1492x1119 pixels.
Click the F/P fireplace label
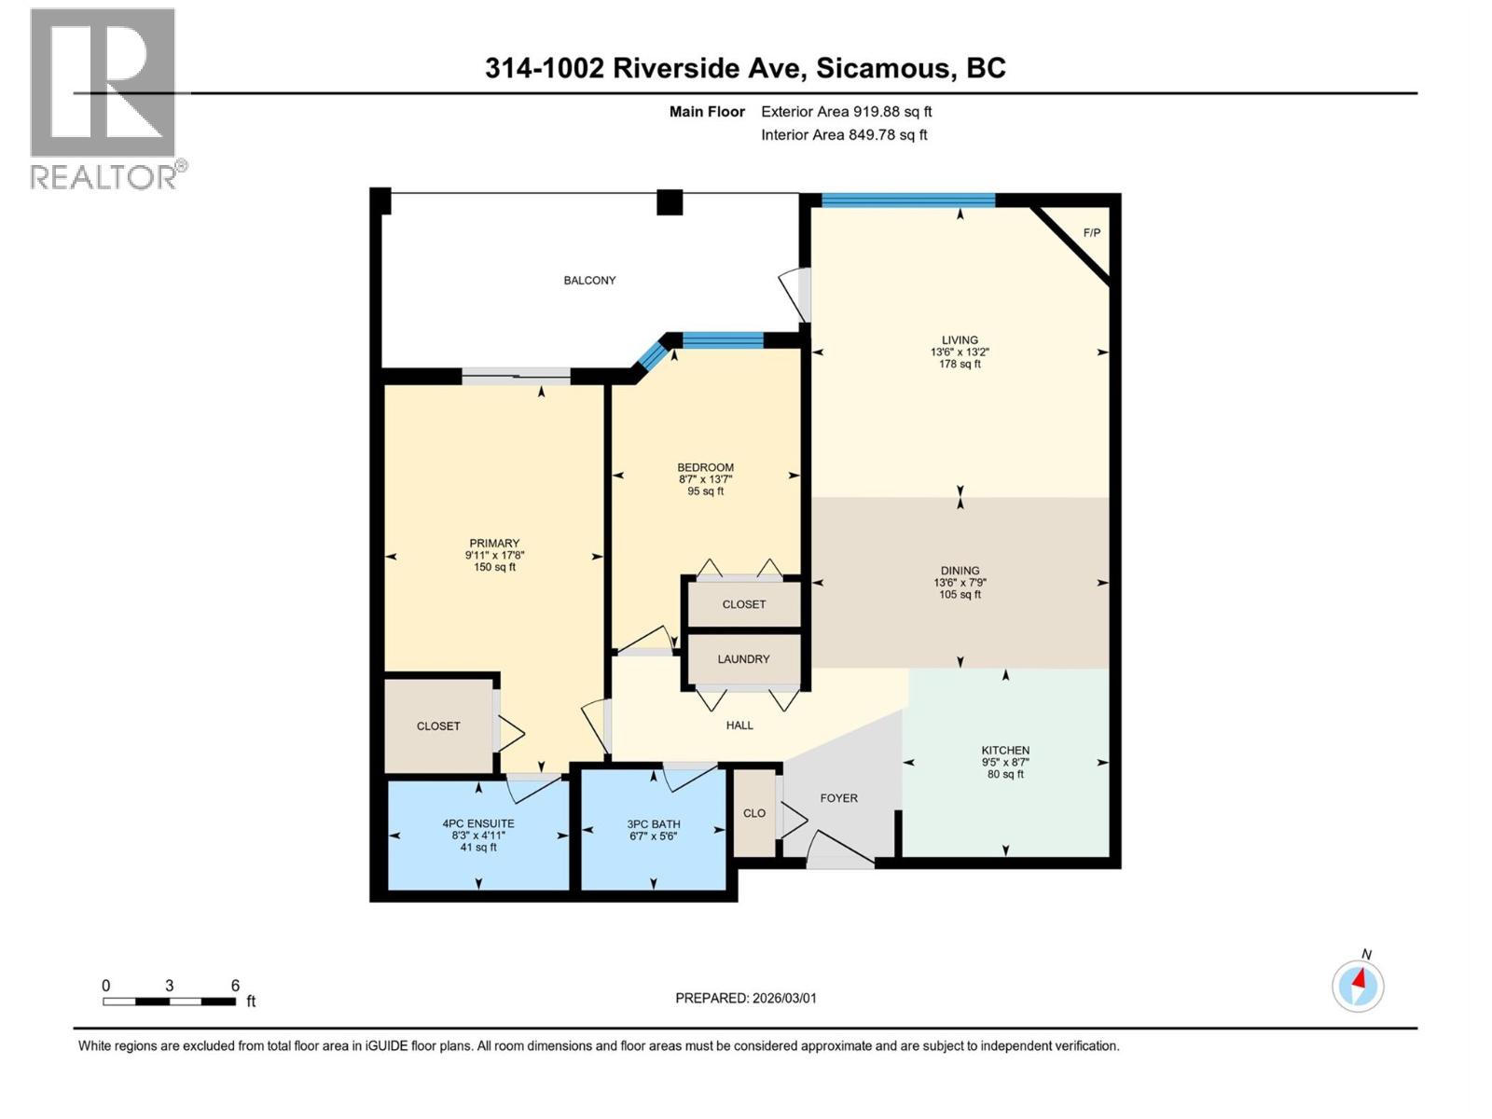click(x=1091, y=232)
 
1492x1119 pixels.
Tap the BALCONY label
click(x=589, y=280)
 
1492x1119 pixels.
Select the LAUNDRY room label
click(x=743, y=658)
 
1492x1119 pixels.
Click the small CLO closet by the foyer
click(x=754, y=813)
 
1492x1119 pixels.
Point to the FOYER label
click(x=838, y=798)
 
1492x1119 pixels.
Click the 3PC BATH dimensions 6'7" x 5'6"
click(x=653, y=836)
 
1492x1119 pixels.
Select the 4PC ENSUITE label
click(x=478, y=823)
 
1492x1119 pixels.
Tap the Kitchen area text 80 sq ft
click(x=1005, y=774)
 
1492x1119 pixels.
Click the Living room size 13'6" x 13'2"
click(x=960, y=352)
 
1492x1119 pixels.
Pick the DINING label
click(x=960, y=571)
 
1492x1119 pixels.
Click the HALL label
click(x=739, y=725)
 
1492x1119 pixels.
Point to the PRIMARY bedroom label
click(x=494, y=543)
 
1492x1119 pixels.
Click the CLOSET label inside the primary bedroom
click(x=438, y=725)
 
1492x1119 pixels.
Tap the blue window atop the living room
click(x=907, y=200)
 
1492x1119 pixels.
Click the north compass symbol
click(x=1358, y=985)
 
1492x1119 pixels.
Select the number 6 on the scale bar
click(x=235, y=986)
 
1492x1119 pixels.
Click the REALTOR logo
click(x=104, y=98)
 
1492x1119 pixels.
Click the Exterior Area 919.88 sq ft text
click(x=846, y=111)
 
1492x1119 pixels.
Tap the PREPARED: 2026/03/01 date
click(x=746, y=998)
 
